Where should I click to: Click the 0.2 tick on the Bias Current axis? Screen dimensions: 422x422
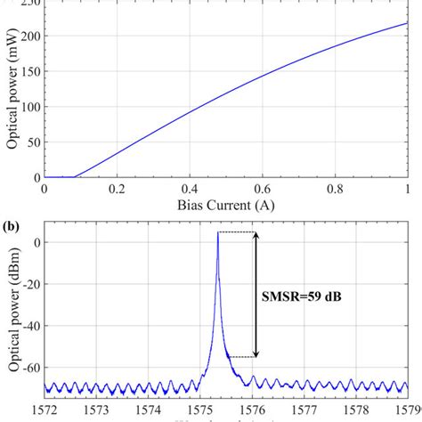pos(118,190)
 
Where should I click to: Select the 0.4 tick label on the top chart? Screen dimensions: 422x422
pos(190,190)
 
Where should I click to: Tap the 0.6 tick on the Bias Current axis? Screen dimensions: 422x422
pos(263,190)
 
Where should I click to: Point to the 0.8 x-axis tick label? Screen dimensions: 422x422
pos(335,190)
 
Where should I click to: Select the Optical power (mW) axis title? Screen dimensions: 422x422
pos(12,93)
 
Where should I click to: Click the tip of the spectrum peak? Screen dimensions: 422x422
pos(218,234)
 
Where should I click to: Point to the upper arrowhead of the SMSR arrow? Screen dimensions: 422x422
pos(257,236)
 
